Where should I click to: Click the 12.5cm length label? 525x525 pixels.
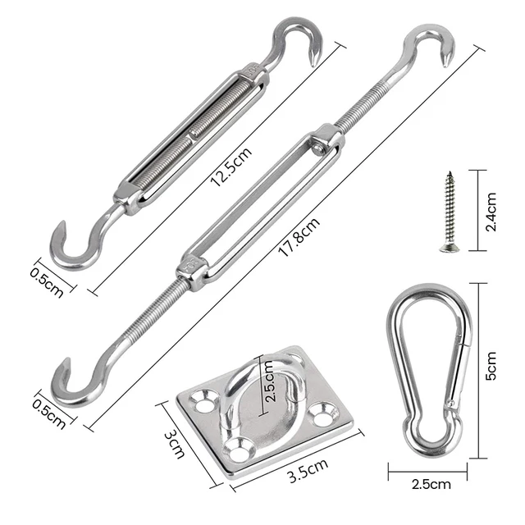(231, 164)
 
